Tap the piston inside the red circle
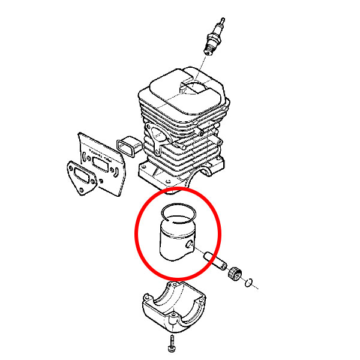pyautogui.click(x=175, y=241)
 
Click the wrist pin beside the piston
pyautogui.click(x=214, y=259)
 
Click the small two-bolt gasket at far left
pyautogui.click(x=82, y=178)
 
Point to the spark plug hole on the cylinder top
pyautogui.click(x=196, y=85)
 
